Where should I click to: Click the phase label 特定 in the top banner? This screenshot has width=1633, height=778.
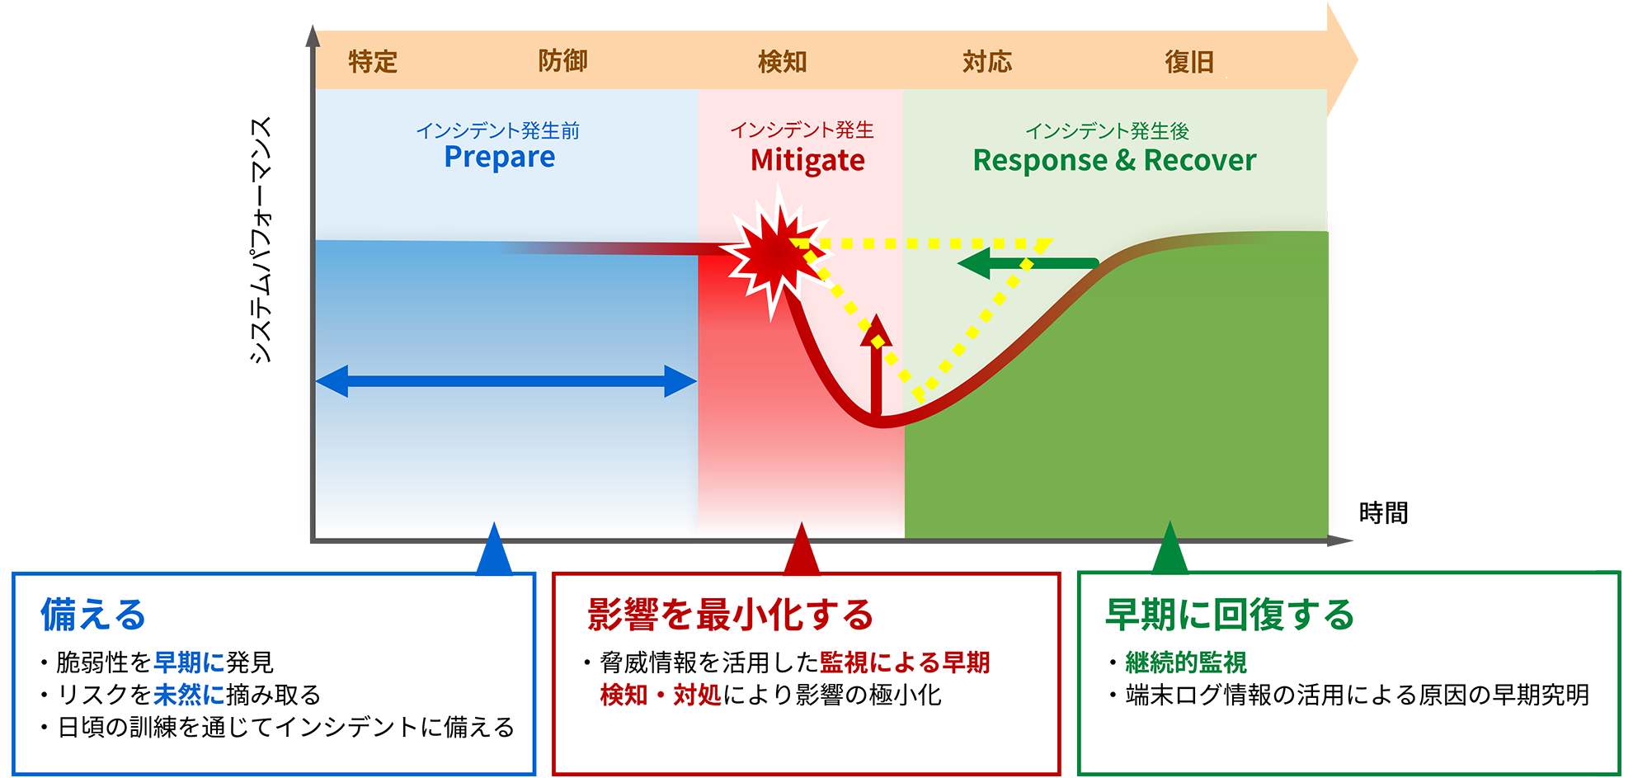[373, 62]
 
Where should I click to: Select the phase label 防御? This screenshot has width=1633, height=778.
[563, 61]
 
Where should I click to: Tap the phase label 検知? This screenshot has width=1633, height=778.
[783, 62]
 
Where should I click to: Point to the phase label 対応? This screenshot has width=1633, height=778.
[987, 62]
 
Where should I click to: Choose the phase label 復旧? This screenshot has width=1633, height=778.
[1189, 62]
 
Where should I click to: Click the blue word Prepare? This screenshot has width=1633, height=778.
[500, 158]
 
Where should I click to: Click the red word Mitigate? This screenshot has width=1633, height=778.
[807, 161]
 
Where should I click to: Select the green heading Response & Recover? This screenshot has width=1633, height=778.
[1115, 160]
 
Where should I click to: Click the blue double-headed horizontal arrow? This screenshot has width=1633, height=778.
[506, 381]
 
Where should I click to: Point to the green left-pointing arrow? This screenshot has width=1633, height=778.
[1028, 264]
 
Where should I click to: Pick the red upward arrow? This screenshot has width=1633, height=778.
[876, 364]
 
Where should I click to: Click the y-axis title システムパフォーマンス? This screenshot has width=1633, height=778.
[260, 240]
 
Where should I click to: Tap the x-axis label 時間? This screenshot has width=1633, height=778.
[1383, 513]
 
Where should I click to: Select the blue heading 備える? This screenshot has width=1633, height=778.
[93, 615]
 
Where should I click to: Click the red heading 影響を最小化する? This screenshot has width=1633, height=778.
[730, 615]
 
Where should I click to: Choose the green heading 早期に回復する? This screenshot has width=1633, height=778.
[1230, 615]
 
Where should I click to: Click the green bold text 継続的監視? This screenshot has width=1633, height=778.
[1186, 662]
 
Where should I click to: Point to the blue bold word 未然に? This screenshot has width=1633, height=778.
[189, 695]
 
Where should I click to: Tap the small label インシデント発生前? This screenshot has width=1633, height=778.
[498, 130]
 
